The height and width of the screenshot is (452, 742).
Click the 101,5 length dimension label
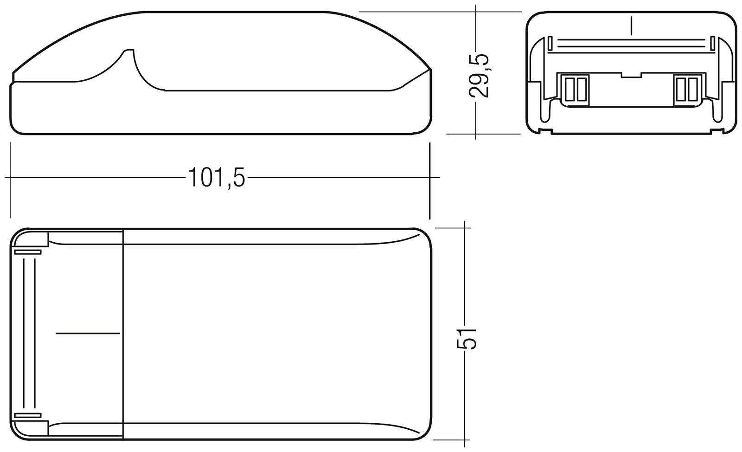(216, 178)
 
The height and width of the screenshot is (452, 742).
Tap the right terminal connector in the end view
(687, 90)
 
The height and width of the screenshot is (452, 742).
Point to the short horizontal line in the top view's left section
(87, 333)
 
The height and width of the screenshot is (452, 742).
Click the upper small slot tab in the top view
(28, 252)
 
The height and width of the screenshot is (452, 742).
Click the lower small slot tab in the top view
(28, 415)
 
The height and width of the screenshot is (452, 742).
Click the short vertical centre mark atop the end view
(631, 26)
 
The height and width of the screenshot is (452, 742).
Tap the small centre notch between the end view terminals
(631, 75)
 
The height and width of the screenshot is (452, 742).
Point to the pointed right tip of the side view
(431, 70)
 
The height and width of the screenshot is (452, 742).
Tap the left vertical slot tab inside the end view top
(550, 44)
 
